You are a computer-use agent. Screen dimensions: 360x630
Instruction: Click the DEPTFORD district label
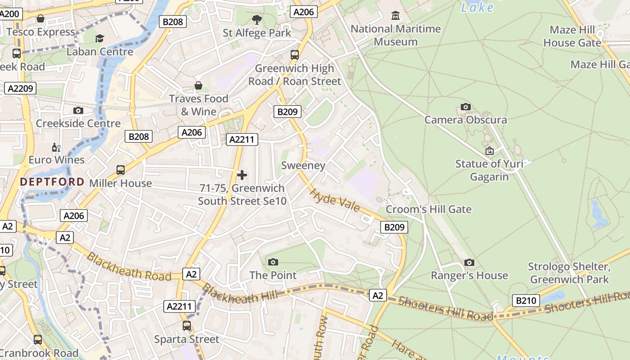52,182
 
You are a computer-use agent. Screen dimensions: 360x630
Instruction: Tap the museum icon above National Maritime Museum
396,16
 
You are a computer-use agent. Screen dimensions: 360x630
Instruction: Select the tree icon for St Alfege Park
257,19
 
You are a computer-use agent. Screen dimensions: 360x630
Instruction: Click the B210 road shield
526,301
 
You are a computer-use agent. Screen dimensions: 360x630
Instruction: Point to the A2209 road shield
20,88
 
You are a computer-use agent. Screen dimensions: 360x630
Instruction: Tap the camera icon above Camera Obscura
466,107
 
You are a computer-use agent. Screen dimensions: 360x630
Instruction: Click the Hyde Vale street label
335,200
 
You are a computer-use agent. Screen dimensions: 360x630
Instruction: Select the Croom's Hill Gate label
428,209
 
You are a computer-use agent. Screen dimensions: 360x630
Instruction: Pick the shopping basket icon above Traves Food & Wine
198,85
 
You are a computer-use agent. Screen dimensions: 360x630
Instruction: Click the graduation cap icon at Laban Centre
99,39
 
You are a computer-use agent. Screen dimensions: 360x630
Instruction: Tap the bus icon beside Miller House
120,170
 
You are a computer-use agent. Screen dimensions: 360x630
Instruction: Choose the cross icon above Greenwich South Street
242,175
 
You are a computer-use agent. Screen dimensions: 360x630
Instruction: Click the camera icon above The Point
273,262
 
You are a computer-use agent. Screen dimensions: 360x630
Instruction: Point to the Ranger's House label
469,275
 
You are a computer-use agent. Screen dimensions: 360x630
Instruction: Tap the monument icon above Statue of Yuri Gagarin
489,151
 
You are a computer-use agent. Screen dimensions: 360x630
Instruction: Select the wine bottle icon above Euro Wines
56,147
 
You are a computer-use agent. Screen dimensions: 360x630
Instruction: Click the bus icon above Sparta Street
186,326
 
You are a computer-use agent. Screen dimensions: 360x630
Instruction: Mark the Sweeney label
303,166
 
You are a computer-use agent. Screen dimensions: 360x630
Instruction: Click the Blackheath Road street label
129,266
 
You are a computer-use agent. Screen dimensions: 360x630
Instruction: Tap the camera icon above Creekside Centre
78,110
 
